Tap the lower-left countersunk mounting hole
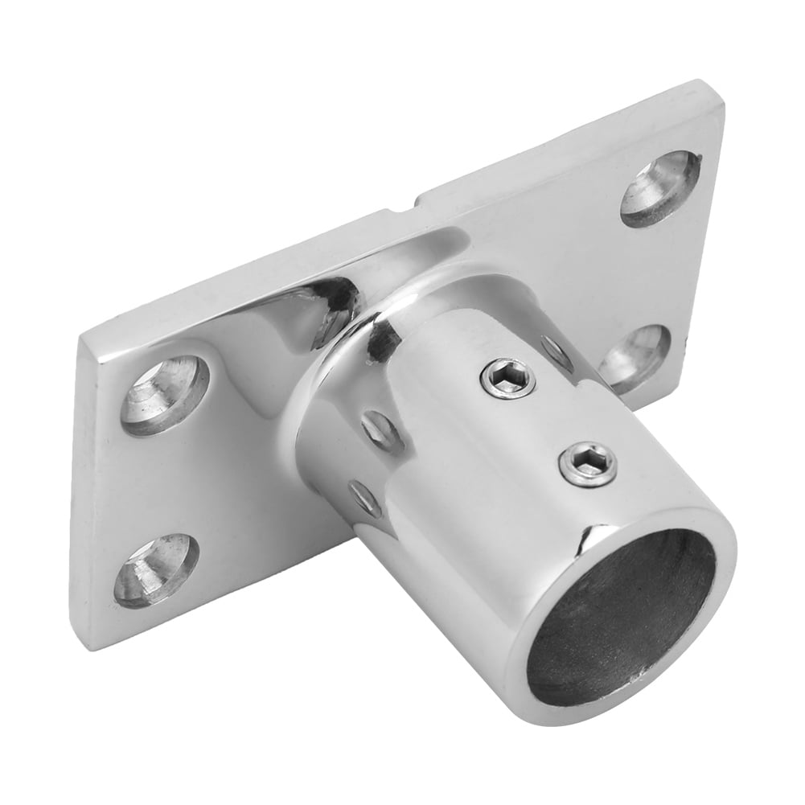click(x=156, y=570)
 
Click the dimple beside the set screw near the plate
click(x=557, y=351)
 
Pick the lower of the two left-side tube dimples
click(x=364, y=499)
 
